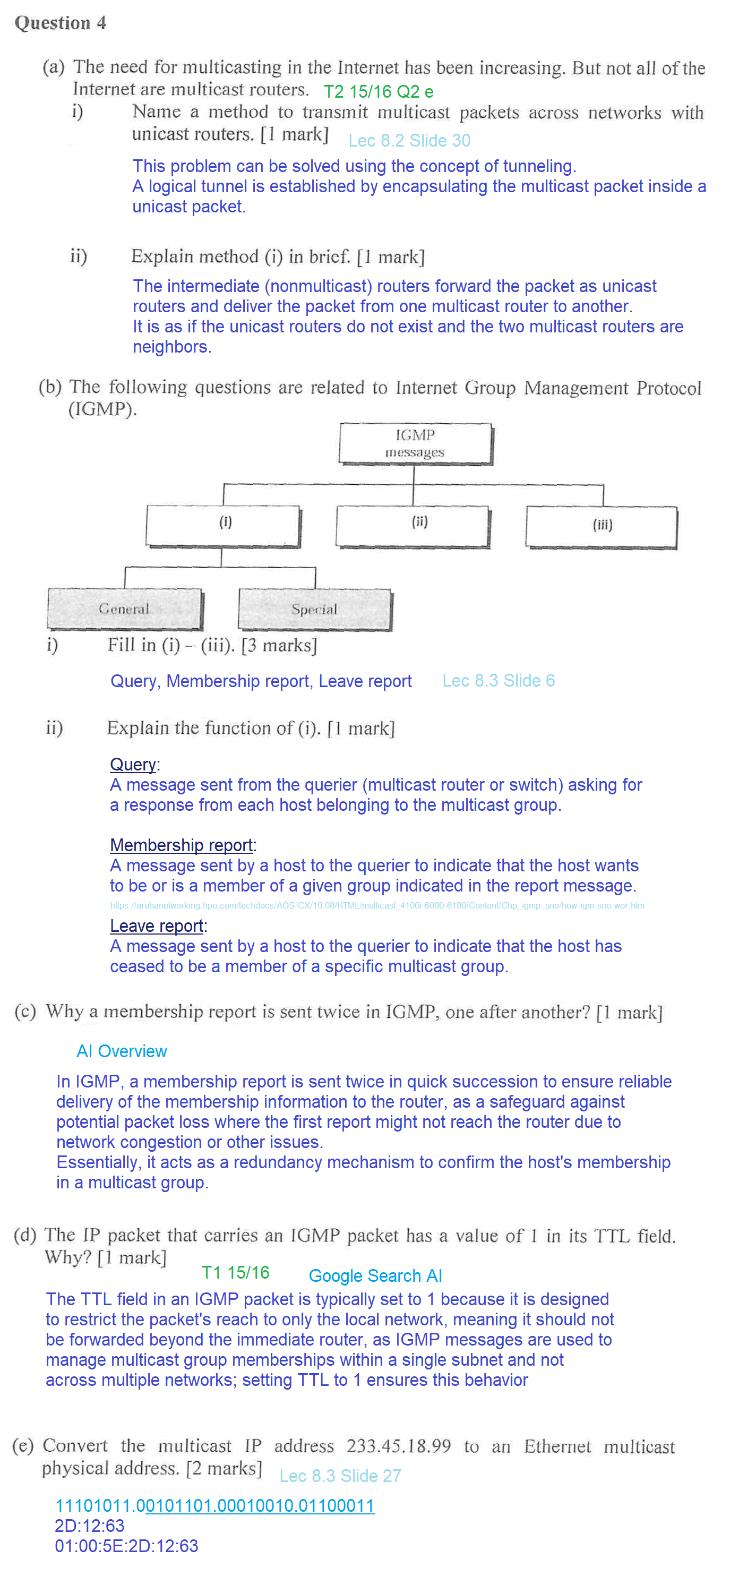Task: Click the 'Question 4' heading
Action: (60, 23)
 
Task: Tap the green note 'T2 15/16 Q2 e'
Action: (378, 92)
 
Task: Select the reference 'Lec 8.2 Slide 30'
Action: (409, 141)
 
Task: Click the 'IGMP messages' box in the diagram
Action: (415, 443)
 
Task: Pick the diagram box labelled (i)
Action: (224, 526)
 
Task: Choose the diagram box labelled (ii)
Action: (413, 526)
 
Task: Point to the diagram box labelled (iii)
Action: (601, 526)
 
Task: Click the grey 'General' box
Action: (124, 609)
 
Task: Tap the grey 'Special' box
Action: (314, 610)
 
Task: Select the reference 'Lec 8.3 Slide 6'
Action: (498, 680)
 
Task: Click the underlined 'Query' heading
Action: (133, 764)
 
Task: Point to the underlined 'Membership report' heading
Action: (181, 845)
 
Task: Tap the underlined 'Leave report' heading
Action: (157, 926)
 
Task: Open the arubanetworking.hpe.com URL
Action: (377, 905)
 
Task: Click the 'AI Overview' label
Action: (121, 1051)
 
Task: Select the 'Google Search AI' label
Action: (375, 1275)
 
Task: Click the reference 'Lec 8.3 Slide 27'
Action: (340, 1476)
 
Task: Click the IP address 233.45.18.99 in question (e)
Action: (398, 1446)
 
